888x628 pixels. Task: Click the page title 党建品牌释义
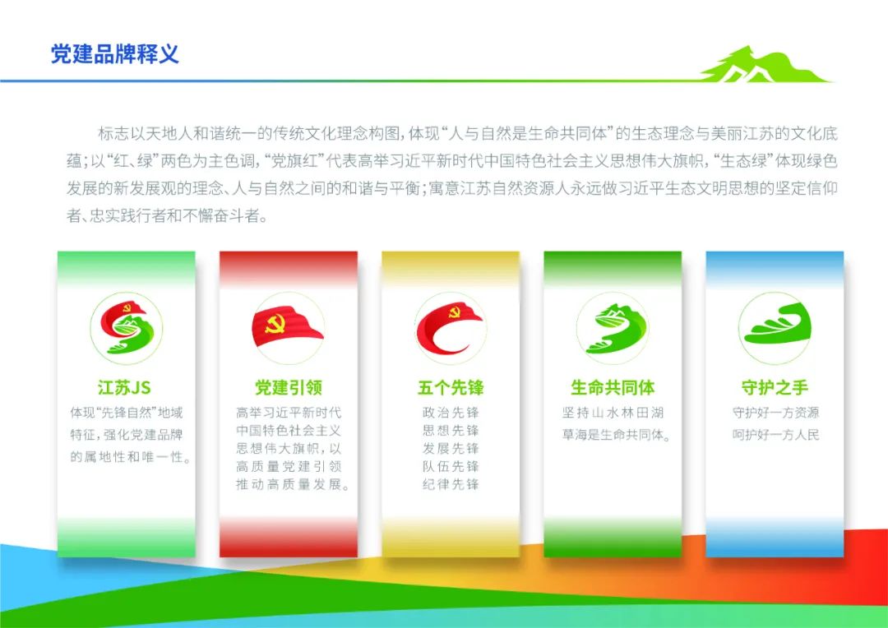pos(115,54)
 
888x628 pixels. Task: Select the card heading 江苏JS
pos(124,388)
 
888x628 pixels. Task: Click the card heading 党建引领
pos(289,388)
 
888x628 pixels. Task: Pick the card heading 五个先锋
pos(451,388)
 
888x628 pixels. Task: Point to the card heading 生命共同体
pos(613,388)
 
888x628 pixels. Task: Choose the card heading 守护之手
pos(775,388)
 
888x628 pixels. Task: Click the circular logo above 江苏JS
pos(127,329)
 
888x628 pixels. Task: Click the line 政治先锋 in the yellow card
pos(451,413)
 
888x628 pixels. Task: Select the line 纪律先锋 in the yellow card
pos(451,485)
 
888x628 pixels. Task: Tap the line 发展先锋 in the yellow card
pos(451,449)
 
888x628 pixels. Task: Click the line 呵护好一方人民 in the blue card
pos(776,435)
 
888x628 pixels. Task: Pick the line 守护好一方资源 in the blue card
pos(776,413)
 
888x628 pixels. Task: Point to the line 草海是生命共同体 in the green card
pos(616,435)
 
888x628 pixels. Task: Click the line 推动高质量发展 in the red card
pos(293,485)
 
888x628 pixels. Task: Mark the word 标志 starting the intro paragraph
pos(110,134)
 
